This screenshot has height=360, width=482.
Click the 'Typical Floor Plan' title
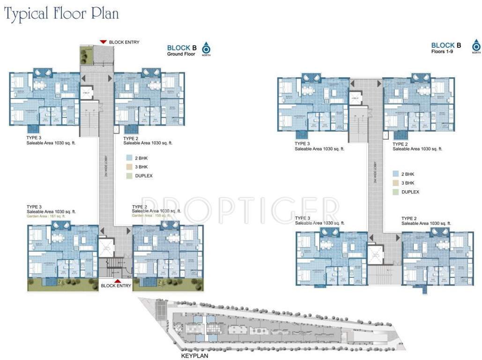(61, 14)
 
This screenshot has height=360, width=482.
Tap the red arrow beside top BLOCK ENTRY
(103, 42)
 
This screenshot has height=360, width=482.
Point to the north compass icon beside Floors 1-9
(476, 46)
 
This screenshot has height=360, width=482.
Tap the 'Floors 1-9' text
(442, 52)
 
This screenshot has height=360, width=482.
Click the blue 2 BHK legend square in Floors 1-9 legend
(396, 174)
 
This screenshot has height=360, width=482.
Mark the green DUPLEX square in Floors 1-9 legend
(396, 192)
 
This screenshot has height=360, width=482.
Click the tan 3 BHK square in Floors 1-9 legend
(396, 183)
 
